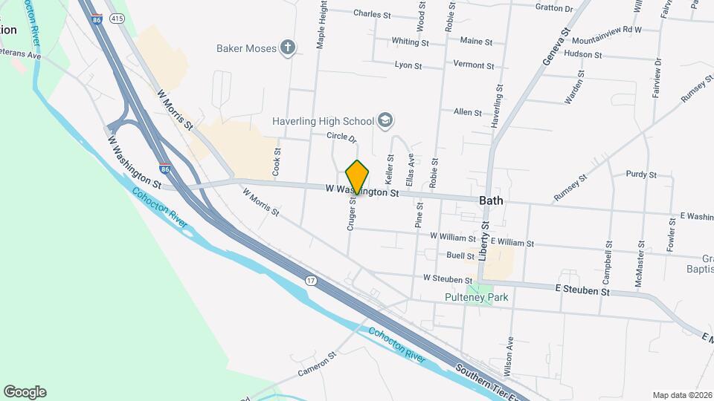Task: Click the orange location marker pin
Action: (x=358, y=177)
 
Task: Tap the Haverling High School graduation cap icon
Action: (x=385, y=120)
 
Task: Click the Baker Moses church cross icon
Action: (x=288, y=48)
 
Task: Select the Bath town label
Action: (x=491, y=200)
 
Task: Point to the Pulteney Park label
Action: (x=476, y=298)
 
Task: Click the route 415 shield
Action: (x=116, y=18)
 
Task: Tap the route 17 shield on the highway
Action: (x=310, y=281)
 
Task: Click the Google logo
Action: (x=25, y=392)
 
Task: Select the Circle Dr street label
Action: (x=342, y=137)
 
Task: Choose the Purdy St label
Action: (x=641, y=175)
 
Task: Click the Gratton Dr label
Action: (x=554, y=8)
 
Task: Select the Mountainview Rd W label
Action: (x=607, y=30)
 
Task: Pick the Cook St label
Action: (x=277, y=160)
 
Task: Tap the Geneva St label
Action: (x=556, y=46)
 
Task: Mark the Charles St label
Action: (x=372, y=14)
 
